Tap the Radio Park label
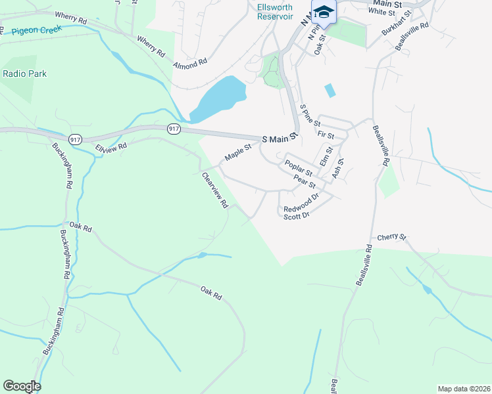[25, 74]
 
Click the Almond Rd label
[190, 64]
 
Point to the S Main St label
[280, 139]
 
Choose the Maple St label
[238, 153]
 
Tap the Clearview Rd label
[215, 190]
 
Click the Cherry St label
[393, 237]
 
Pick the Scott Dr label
[296, 215]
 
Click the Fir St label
[326, 135]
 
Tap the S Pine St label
[310, 115]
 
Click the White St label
[381, 11]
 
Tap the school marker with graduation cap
[324, 12]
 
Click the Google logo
[22, 386]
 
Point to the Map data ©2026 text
[464, 389]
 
